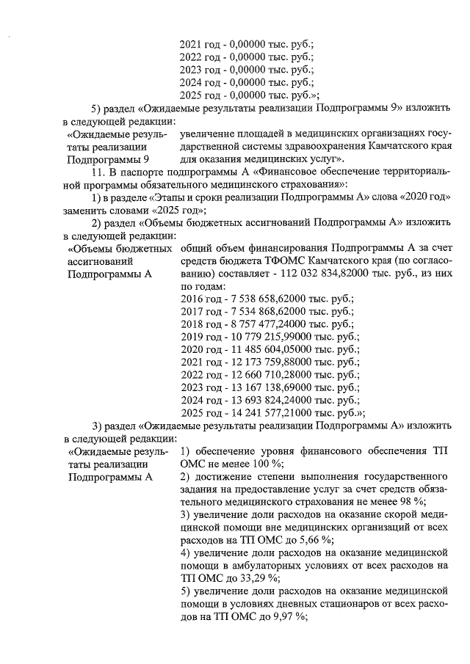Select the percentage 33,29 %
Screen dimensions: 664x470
(256, 578)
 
